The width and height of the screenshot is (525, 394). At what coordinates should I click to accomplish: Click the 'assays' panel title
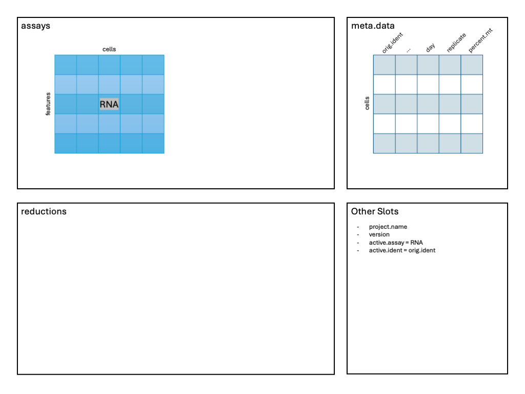(x=35, y=26)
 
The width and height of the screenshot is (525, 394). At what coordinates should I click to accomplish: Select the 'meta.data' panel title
(x=373, y=26)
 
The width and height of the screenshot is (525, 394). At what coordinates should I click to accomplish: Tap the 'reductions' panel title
(x=44, y=211)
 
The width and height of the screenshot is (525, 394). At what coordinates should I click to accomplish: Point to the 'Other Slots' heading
(x=375, y=211)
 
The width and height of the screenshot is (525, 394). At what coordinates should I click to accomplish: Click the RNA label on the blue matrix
(x=109, y=104)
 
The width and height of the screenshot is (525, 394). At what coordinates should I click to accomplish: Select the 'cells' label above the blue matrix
(x=109, y=49)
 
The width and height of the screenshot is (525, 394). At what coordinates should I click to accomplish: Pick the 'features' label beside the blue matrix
(x=48, y=104)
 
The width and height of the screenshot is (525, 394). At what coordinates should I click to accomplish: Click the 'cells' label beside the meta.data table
(x=367, y=103)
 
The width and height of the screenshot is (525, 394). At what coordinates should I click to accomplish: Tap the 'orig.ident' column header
(x=392, y=43)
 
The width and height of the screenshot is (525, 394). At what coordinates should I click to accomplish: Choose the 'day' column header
(x=430, y=48)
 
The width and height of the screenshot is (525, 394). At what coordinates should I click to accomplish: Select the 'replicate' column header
(x=456, y=43)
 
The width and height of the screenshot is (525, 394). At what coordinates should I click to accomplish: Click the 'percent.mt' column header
(x=480, y=41)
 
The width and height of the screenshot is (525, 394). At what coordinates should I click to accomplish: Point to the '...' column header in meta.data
(x=408, y=50)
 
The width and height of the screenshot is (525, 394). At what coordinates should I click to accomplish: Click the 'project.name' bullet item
(x=388, y=227)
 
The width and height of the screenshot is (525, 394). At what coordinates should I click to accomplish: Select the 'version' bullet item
(x=379, y=234)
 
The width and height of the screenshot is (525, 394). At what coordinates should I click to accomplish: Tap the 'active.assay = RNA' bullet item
(x=396, y=243)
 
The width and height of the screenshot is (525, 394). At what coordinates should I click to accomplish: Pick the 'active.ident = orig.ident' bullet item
(x=402, y=250)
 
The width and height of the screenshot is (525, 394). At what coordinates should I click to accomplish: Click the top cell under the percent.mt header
(x=472, y=65)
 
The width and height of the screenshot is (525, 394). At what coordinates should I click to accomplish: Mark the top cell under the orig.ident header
(x=385, y=65)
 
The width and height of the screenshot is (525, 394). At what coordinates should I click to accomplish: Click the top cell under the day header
(x=428, y=65)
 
